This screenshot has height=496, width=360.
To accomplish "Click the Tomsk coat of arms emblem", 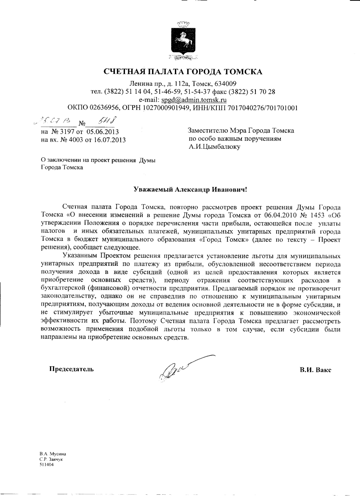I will coord(183,41).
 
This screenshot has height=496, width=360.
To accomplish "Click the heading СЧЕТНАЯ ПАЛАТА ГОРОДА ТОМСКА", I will coord(183,72).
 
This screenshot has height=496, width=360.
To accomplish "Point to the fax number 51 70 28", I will coord(264,92).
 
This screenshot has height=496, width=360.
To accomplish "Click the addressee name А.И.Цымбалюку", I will coord(214,147).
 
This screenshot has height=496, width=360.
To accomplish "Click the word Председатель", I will coord(72,369).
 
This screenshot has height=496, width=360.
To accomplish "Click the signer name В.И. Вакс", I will coord(315,370).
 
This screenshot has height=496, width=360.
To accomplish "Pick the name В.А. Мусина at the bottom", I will coord(53,454).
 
